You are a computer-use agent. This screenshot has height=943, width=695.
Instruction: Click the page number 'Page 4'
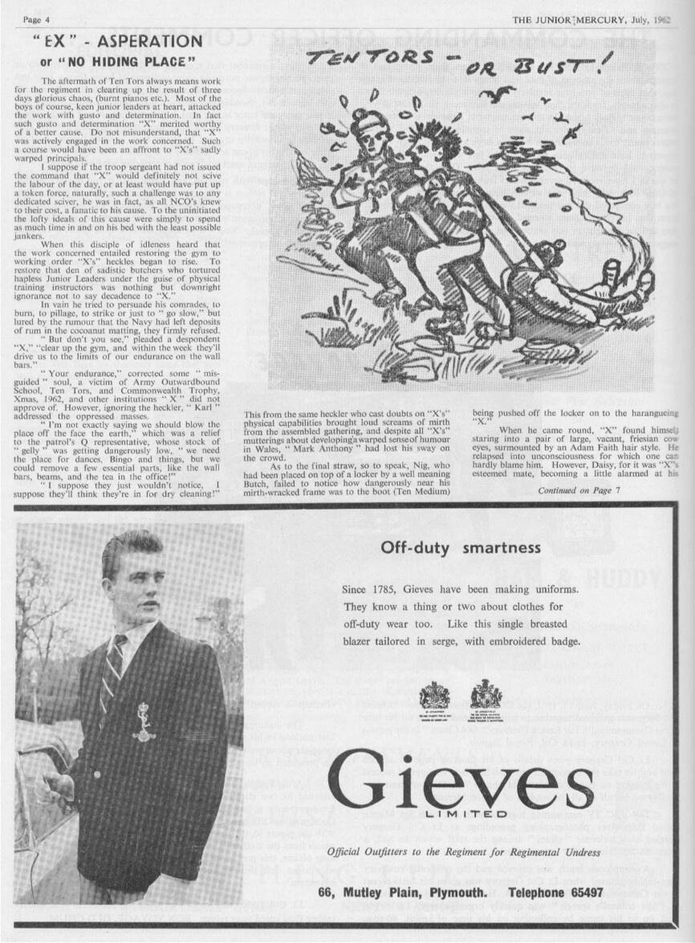coord(37,18)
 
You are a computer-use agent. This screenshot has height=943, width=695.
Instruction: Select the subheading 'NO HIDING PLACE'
coord(121,61)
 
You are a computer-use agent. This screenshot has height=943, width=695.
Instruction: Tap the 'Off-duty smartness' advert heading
coord(461,549)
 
